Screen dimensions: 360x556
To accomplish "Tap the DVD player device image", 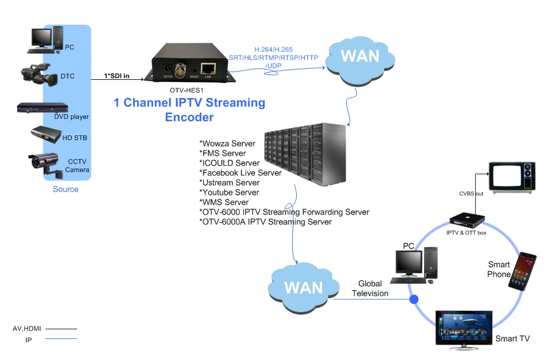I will [x=42, y=107].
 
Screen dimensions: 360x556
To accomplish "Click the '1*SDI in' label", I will [x=117, y=76].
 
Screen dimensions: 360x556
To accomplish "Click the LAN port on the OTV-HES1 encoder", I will [x=208, y=68].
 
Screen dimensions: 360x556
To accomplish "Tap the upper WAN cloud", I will [x=360, y=56].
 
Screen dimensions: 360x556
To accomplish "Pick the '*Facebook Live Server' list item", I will [x=240, y=173].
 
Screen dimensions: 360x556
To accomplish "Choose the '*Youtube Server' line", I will [x=229, y=193].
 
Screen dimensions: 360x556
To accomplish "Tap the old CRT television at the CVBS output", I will [x=513, y=176].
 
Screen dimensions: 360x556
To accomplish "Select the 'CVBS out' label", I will [x=471, y=193].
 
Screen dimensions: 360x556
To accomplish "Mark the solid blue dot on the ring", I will [x=413, y=299].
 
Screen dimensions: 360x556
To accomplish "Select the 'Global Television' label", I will [x=370, y=288].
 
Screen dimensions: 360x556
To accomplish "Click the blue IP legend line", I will [x=61, y=339].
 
